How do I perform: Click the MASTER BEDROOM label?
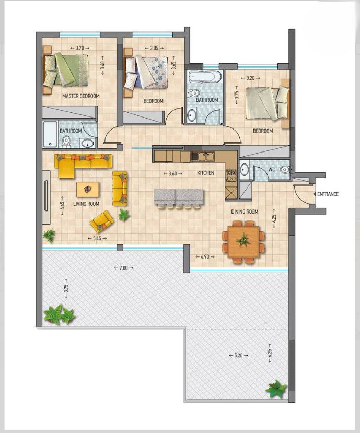click(80, 96)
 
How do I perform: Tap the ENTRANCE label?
click(328, 194)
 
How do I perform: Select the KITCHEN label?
click(205, 173)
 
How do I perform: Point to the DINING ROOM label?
click(245, 212)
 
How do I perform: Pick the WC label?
click(271, 169)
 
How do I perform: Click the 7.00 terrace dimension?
click(123, 268)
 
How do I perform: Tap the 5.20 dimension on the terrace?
click(238, 355)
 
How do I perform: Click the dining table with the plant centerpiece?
click(243, 240)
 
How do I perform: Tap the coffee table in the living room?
click(88, 189)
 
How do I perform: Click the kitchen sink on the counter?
click(201, 156)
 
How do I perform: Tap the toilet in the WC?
click(285, 169)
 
